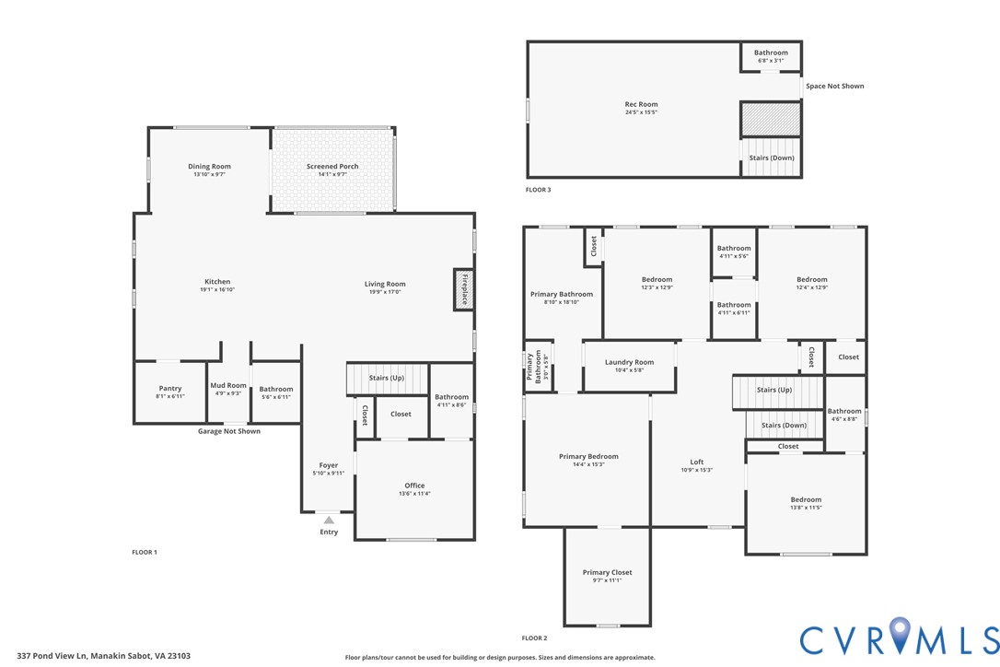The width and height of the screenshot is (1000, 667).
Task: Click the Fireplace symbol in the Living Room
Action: tap(464, 289)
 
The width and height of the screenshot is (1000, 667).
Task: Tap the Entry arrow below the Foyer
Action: tap(329, 521)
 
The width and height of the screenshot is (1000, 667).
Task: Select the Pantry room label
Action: tap(170, 389)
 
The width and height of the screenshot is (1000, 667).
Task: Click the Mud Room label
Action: tap(228, 386)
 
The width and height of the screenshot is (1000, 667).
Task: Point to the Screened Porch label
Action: tap(332, 167)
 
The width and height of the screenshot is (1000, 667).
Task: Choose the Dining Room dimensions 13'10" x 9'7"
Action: tap(209, 174)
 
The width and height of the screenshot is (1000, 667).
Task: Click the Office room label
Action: tap(414, 486)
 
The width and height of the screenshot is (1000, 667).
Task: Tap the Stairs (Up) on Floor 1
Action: tap(387, 379)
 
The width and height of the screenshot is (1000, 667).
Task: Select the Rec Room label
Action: tap(641, 105)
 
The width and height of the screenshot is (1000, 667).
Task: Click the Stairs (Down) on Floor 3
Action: tap(771, 158)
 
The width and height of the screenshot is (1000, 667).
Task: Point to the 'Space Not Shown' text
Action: tap(834, 87)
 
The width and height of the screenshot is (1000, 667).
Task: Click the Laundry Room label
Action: tap(630, 363)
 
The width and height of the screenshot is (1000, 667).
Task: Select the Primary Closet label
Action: tap(607, 573)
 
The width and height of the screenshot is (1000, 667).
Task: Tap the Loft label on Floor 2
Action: tap(697, 462)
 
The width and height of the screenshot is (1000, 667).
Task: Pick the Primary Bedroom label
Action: tap(588, 457)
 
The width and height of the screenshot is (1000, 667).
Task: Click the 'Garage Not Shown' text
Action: tap(229, 431)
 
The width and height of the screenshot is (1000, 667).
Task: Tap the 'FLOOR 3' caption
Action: tap(538, 190)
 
